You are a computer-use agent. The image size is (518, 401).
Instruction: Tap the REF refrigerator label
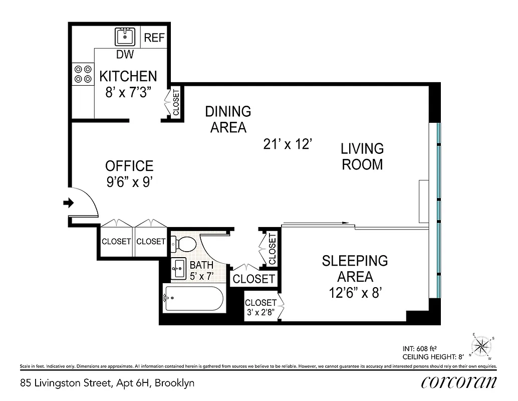(x=154, y=38)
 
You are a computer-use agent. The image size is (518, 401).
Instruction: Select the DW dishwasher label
(x=125, y=55)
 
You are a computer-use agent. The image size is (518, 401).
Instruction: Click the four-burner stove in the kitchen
(x=83, y=74)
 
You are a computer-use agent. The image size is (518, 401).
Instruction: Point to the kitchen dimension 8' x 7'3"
(x=128, y=93)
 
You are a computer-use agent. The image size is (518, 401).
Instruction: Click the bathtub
(x=193, y=299)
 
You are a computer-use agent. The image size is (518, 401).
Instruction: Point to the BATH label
(x=201, y=265)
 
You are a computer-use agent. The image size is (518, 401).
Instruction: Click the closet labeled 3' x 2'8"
(x=261, y=307)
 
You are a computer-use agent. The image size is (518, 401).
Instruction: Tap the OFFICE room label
(x=129, y=166)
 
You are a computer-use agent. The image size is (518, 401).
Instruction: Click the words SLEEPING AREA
(x=355, y=268)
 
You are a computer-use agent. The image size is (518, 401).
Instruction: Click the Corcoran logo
(x=459, y=382)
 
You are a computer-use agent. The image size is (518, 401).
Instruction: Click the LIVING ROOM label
(x=362, y=156)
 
